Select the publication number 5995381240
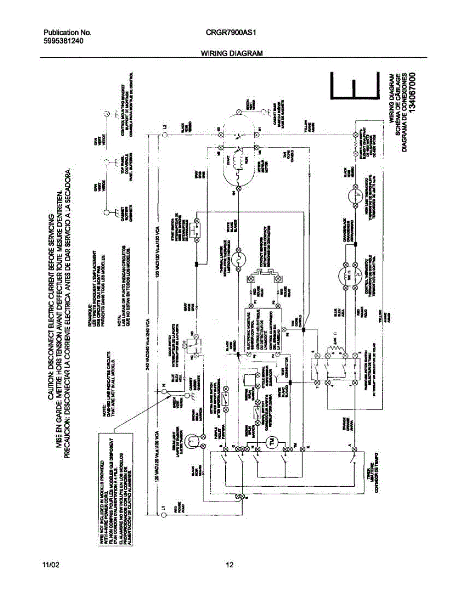[63, 41]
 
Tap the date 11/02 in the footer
[50, 565]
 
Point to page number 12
[229, 565]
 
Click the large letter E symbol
[353, 85]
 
